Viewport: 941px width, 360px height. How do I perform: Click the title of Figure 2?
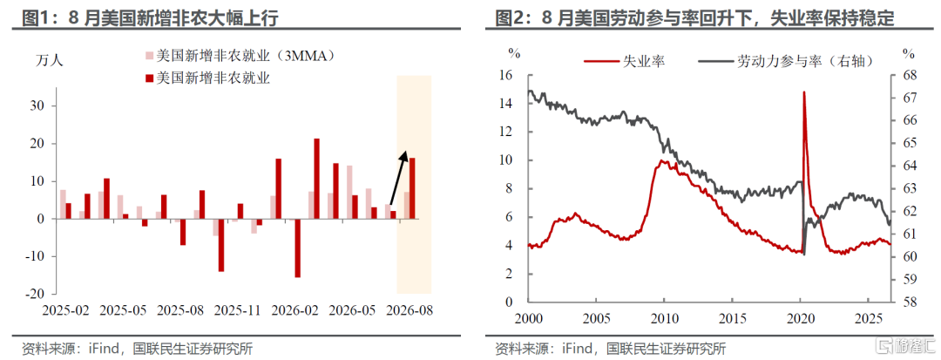(694, 18)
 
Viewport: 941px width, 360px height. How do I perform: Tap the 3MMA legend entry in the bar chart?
(240, 56)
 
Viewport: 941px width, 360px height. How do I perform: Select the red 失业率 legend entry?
(624, 61)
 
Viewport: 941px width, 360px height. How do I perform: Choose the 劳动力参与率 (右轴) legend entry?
(786, 61)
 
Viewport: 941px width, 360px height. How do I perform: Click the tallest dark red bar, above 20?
(317, 179)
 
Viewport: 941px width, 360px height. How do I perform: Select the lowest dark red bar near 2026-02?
(298, 248)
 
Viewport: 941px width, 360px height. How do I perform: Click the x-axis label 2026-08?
(410, 312)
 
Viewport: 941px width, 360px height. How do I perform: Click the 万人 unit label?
(49, 60)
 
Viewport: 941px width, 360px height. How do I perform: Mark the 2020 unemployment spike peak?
(803, 92)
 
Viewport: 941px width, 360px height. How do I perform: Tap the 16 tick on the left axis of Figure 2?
(506, 76)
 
